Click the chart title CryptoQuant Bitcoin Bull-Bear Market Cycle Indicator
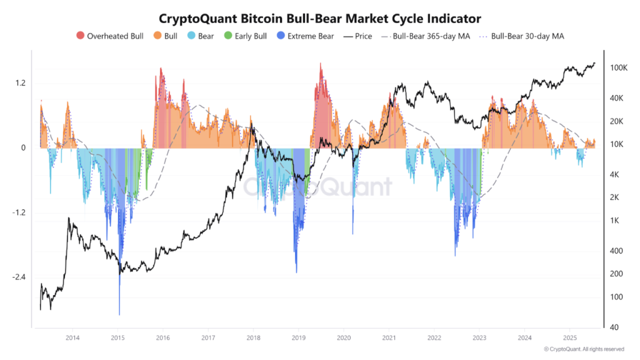coord(320,18)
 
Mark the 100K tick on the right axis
coord(619,67)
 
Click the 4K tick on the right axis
coord(616,175)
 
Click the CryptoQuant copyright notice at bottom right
coord(583,349)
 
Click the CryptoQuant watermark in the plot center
coord(317,186)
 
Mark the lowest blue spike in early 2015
coord(119,314)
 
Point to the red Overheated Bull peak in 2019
coord(321,64)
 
